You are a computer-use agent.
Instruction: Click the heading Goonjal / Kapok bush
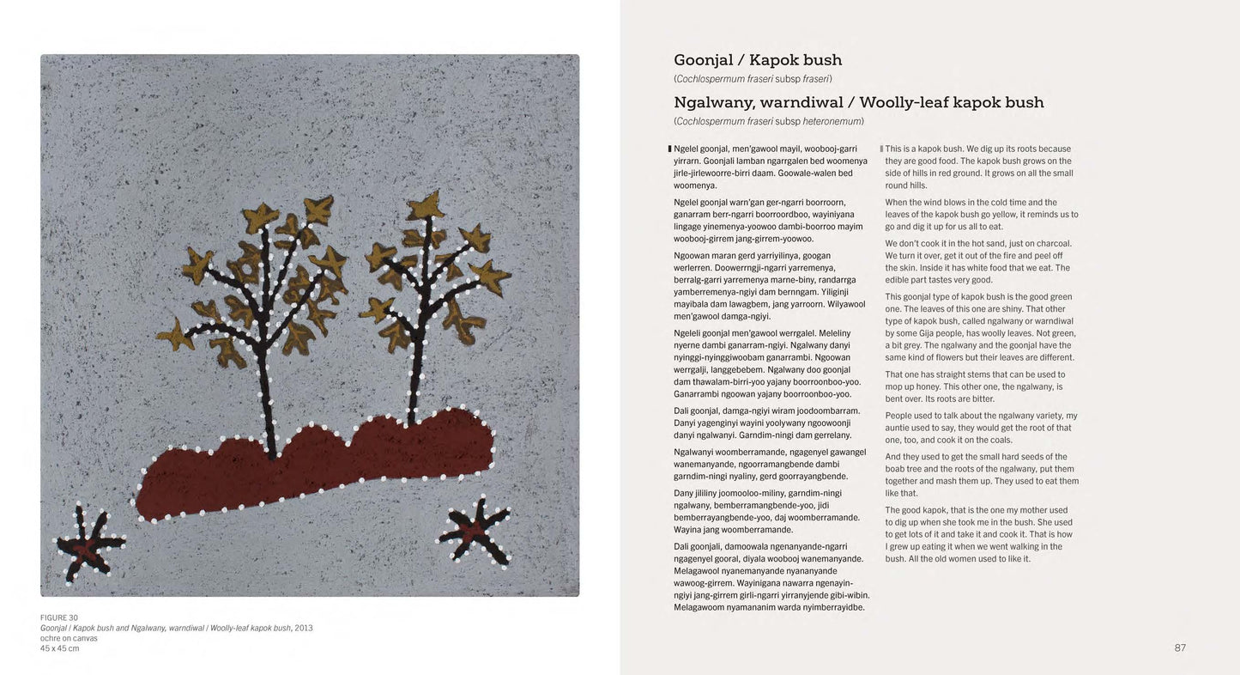pos(758,60)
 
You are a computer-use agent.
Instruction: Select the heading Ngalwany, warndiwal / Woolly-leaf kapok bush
pos(858,103)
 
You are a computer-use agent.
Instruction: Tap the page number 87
pos(1179,648)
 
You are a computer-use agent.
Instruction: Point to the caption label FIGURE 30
pos(59,617)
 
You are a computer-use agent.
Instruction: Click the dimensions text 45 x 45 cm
pos(59,648)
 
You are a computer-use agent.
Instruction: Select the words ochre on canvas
pos(69,638)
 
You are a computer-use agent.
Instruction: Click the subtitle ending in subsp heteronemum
pos(768,121)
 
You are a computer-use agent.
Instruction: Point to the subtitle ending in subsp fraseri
pos(753,79)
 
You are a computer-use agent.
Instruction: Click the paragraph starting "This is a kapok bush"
pos(978,167)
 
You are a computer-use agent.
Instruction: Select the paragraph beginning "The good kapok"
pos(978,534)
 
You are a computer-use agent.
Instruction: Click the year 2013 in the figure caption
pos(304,628)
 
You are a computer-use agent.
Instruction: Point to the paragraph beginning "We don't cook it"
pos(978,261)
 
